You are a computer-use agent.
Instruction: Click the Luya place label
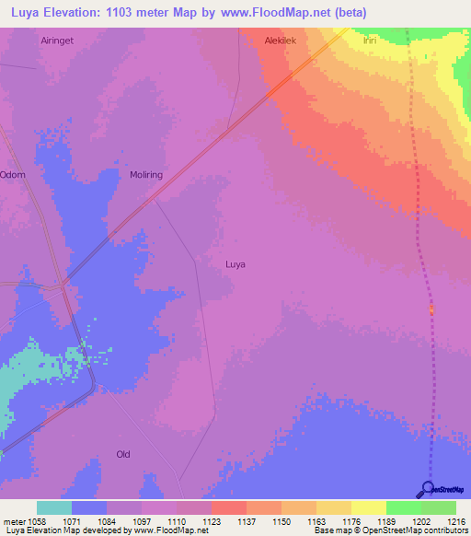pyautogui.click(x=235, y=264)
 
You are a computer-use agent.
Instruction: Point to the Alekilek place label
pyautogui.click(x=281, y=41)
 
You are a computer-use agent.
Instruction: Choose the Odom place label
pyautogui.click(x=13, y=175)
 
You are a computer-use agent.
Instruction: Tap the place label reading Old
pyautogui.click(x=123, y=454)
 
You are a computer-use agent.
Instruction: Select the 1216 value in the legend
pyautogui.click(x=455, y=521)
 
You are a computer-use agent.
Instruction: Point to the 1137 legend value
pyautogui.click(x=246, y=521)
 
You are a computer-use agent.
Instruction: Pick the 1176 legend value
pyautogui.click(x=350, y=521)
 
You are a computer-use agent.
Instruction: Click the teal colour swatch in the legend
pyautogui.click(x=54, y=507)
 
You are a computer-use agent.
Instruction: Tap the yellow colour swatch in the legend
pyautogui.click(x=368, y=507)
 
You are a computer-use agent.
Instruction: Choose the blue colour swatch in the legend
pyautogui.click(x=89, y=507)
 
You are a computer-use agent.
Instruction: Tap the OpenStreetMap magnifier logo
pyautogui.click(x=427, y=488)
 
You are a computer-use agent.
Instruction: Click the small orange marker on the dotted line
pyautogui.click(x=431, y=310)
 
